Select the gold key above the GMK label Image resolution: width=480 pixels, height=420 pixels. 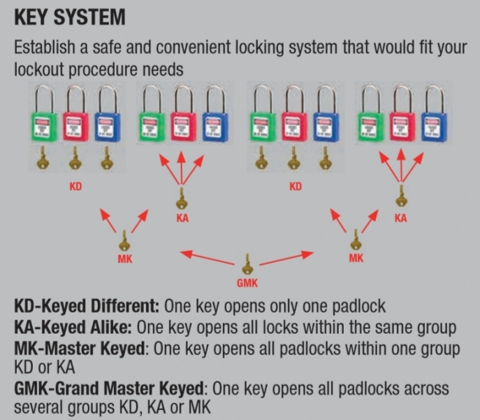click(x=247, y=266)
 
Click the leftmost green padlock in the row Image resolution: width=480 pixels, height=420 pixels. click(x=44, y=125)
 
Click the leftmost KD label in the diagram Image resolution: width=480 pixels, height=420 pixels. click(x=75, y=188)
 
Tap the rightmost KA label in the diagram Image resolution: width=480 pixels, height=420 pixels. click(x=400, y=218)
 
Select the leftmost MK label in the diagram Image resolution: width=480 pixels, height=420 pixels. click(x=125, y=258)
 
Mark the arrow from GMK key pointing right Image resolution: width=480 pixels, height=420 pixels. click(x=286, y=257)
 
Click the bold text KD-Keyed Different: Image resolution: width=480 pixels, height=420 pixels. click(x=88, y=308)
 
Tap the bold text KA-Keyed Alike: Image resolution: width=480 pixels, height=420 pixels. click(x=73, y=327)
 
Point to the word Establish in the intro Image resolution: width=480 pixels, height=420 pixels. click(x=46, y=49)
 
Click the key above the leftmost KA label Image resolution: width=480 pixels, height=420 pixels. click(x=182, y=199)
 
